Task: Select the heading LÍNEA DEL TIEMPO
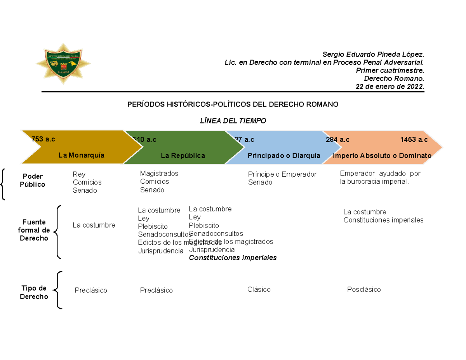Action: [x=233, y=121]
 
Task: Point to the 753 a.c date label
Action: [x=43, y=139]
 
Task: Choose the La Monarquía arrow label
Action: [x=82, y=155]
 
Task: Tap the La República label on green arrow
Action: [x=183, y=156]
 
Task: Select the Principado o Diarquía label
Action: [x=284, y=156]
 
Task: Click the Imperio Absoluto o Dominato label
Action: [x=383, y=156]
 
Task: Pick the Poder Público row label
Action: [x=32, y=181]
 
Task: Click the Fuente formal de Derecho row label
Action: [x=34, y=230]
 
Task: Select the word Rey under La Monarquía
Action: [x=79, y=174]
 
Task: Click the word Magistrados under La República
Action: [x=159, y=173]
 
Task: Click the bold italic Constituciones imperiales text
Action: [x=233, y=257]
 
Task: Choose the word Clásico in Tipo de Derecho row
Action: [x=259, y=289]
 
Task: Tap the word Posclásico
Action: [x=364, y=289]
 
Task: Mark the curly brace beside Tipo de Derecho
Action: [x=58, y=290]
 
